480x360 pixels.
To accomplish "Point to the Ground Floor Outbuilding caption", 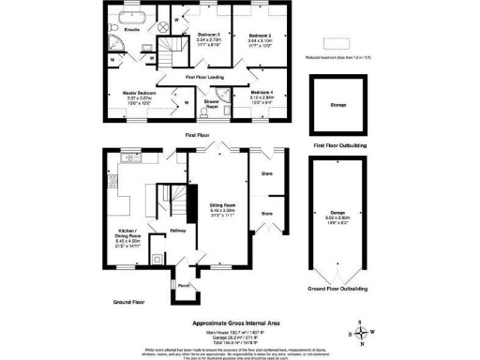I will pyautogui.click(x=339, y=289).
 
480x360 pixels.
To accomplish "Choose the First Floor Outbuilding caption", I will pyautogui.click(x=339, y=145).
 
